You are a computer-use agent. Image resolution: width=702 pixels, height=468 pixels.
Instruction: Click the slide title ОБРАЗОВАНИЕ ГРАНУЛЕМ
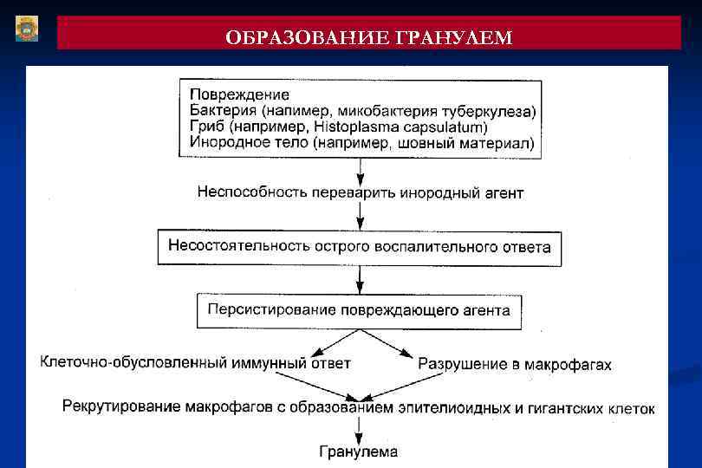click(368, 37)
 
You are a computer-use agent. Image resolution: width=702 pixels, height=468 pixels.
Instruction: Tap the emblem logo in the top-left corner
click(27, 29)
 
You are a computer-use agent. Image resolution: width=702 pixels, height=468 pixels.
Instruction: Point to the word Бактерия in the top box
click(219, 110)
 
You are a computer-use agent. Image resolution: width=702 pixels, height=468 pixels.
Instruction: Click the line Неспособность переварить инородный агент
click(360, 192)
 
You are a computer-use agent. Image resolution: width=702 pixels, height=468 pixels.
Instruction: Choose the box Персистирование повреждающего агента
click(360, 310)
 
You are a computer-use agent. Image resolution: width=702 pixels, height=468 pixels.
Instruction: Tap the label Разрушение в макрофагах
click(515, 364)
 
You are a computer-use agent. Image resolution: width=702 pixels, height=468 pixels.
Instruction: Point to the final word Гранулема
click(359, 451)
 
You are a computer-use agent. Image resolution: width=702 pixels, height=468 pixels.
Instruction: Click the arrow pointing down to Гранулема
click(359, 429)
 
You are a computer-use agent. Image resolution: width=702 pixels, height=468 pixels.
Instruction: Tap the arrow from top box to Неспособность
click(359, 170)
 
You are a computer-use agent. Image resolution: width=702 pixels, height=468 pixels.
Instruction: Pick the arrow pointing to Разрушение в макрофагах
click(397, 347)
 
